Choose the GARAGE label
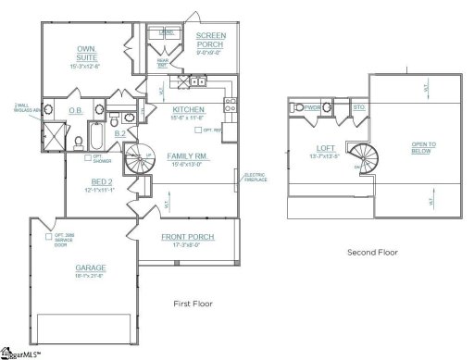tap(90, 267)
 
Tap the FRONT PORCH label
tap(187, 237)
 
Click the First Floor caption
tap(194, 304)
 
